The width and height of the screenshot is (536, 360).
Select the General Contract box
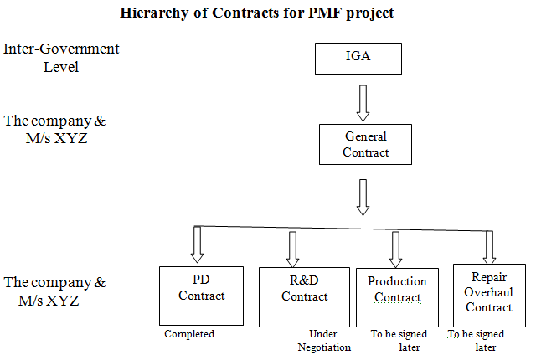(x=366, y=144)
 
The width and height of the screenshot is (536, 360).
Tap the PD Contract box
(x=201, y=295)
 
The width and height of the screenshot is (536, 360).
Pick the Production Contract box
(x=397, y=296)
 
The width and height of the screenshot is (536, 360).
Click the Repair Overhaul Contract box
(x=488, y=293)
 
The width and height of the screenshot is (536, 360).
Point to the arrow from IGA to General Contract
(x=363, y=101)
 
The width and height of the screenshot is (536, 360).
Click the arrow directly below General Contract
(x=363, y=197)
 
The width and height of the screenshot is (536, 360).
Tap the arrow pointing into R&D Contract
(x=293, y=248)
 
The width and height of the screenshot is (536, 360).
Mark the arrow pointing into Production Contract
(x=395, y=248)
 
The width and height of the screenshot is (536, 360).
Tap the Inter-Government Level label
(x=61, y=57)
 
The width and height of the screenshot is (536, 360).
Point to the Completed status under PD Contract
(x=189, y=334)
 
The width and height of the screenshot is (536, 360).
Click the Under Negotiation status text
(x=324, y=341)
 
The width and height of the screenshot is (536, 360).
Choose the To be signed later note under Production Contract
(x=399, y=341)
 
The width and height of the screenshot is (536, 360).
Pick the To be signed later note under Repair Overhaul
(x=480, y=341)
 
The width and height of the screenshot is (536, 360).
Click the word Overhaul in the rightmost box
(x=488, y=291)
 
